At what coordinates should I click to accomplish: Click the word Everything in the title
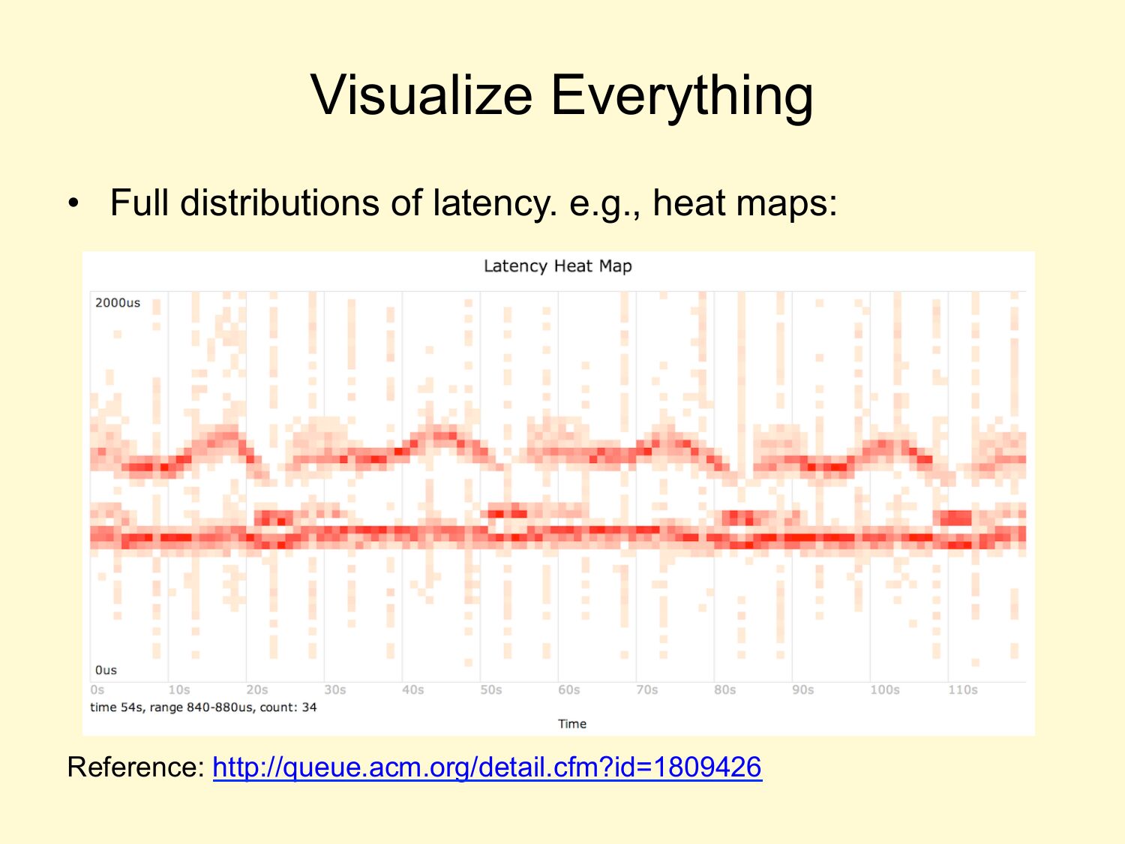point(682,98)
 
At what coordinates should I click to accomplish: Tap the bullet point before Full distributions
point(73,203)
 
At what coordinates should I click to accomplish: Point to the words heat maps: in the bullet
point(745,203)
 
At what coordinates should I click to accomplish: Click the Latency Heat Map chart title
point(558,266)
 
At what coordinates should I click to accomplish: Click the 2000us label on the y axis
point(117,302)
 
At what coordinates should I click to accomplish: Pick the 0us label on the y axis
point(106,670)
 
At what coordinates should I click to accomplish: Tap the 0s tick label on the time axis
point(97,689)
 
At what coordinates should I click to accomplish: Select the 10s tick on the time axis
point(178,689)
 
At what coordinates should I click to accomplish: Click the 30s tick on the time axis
point(334,689)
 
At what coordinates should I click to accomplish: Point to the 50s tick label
point(491,689)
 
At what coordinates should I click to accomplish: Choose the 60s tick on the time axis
point(569,689)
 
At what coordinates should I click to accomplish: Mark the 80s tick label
point(724,689)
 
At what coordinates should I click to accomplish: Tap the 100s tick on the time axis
point(884,689)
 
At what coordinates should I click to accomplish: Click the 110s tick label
point(962,689)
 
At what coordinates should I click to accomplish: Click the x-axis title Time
point(572,723)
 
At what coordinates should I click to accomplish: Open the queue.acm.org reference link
point(487,767)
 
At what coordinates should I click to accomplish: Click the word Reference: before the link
point(136,767)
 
